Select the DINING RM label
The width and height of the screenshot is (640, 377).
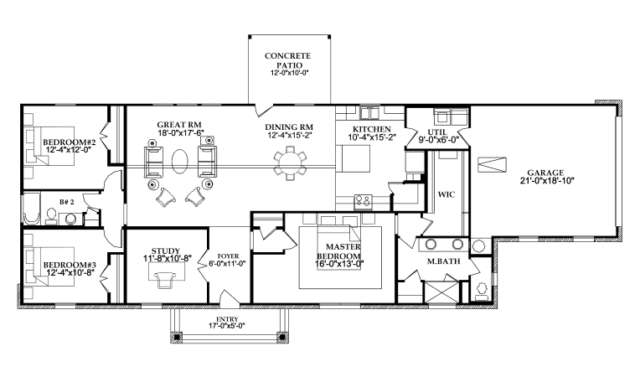(x=290, y=127)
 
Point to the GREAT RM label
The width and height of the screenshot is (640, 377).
(x=179, y=125)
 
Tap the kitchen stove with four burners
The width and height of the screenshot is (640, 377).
(x=364, y=199)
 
